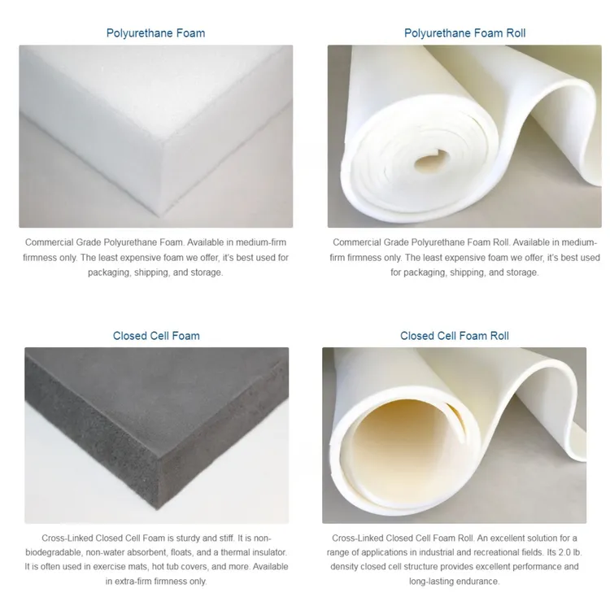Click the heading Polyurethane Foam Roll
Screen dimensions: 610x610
click(464, 33)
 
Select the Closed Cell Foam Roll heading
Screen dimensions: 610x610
click(455, 335)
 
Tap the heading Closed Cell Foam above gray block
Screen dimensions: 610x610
click(156, 335)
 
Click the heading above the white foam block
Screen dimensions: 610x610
click(155, 33)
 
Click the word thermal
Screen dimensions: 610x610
click(229, 552)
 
